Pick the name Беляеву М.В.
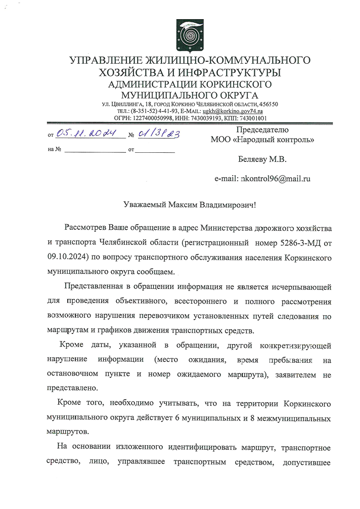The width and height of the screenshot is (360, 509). click(x=262, y=159)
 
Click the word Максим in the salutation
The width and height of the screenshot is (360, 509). click(x=185, y=205)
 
